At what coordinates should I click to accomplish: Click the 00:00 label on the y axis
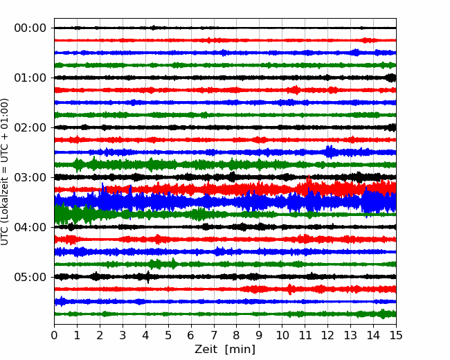click(30, 28)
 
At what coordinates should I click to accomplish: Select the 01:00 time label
click(30, 78)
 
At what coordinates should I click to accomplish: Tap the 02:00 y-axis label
click(30, 127)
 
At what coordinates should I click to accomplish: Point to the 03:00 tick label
click(30, 177)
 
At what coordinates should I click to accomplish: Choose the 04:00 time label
click(30, 227)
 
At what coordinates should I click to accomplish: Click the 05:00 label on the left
click(30, 277)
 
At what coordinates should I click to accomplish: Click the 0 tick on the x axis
click(54, 335)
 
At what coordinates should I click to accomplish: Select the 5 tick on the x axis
click(168, 335)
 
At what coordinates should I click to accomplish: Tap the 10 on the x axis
click(282, 335)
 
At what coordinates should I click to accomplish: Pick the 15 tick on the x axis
click(396, 335)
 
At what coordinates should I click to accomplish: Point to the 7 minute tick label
click(214, 335)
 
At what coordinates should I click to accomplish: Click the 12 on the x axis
click(327, 335)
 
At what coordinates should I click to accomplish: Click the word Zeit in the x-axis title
click(206, 349)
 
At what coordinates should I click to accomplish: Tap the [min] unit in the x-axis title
click(240, 350)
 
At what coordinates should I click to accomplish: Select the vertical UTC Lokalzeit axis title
click(4, 172)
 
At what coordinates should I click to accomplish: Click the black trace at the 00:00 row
click(225, 28)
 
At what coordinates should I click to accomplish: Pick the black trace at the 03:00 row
click(225, 177)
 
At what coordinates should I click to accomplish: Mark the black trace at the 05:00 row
click(225, 277)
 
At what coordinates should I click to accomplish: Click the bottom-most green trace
click(225, 314)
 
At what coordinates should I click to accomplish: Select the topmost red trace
click(225, 40)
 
